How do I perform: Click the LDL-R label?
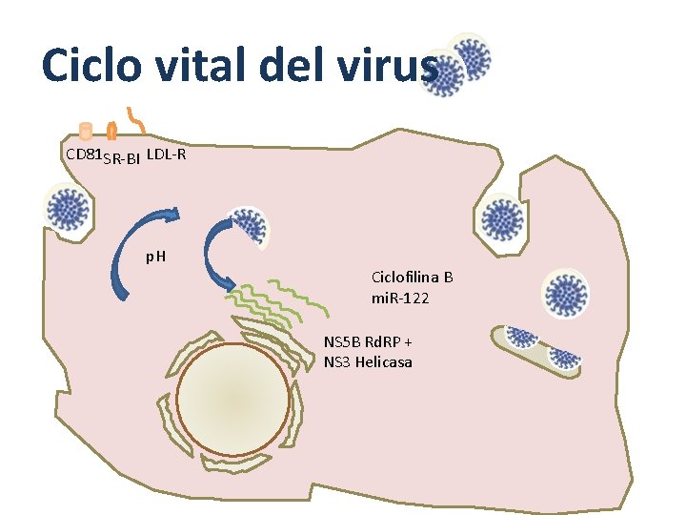pos(167,153)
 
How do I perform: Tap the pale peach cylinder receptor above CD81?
pos(85,131)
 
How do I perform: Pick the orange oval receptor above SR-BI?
pos(111,132)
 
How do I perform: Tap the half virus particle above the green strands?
pos(252,227)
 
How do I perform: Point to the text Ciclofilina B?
pos(412,277)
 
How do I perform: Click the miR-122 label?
pos(400,299)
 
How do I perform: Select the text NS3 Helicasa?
pos(368,362)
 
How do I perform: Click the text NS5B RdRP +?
pos(368,341)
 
